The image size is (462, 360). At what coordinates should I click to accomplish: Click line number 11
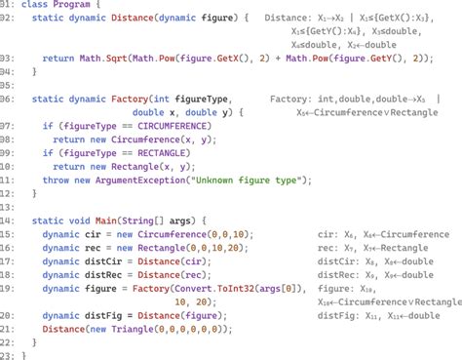(x=8, y=180)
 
